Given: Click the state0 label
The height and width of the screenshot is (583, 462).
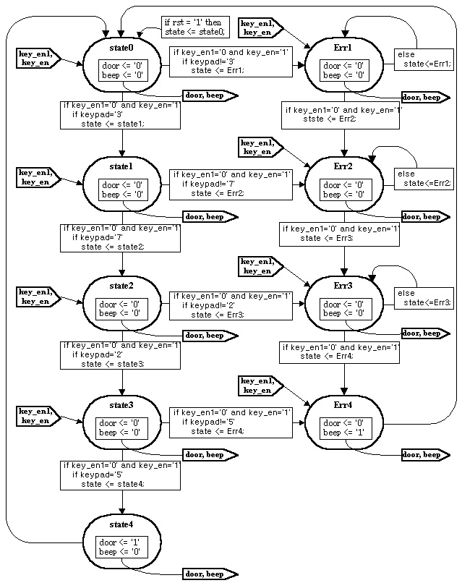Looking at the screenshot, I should point(121,48).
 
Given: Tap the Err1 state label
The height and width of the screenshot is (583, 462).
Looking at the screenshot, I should point(343,48).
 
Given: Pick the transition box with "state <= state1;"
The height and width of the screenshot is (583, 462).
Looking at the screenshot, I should point(119,114).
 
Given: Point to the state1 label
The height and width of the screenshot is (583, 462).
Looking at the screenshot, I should point(121,167).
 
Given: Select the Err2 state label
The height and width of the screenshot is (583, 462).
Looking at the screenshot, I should point(343,167).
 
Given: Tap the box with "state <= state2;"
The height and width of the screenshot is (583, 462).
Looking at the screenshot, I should point(119,238).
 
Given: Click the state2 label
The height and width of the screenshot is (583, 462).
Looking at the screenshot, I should point(121,286).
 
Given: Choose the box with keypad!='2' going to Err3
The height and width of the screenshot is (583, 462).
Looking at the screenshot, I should point(229,305).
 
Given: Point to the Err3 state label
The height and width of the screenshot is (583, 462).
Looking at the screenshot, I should point(343,286).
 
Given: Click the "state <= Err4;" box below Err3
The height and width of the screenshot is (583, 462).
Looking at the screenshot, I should point(340,352).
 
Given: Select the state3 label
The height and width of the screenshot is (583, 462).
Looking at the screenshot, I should point(121,404).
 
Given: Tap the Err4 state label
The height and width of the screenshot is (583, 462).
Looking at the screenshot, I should point(343,404).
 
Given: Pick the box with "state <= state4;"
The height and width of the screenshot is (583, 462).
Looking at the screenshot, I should point(119,475).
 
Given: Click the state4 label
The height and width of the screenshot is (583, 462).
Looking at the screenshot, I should point(121,522).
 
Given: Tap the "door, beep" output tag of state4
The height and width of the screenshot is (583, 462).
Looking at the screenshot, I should point(208,574).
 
